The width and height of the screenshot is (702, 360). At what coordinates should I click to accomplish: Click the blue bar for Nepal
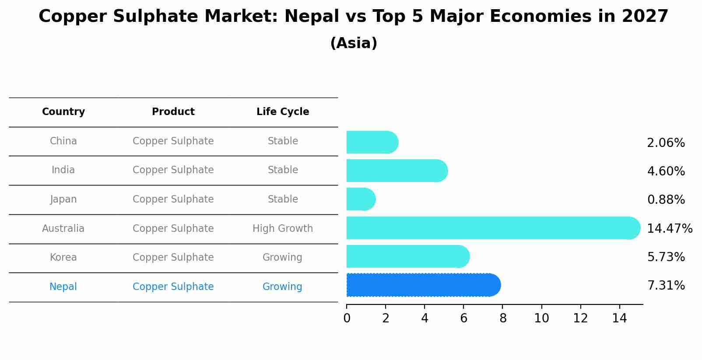tap(423, 285)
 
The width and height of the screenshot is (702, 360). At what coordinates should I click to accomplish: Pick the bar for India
tap(397, 171)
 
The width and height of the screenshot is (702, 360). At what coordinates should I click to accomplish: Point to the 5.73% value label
tap(666, 257)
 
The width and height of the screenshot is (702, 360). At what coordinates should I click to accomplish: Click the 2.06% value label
tap(666, 143)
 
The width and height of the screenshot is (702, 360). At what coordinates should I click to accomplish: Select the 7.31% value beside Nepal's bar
tap(666, 286)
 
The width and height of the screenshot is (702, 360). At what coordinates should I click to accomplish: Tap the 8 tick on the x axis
tap(503, 318)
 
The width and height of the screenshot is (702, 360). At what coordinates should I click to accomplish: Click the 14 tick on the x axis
tap(620, 318)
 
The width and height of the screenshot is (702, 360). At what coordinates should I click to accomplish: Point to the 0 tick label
tap(347, 318)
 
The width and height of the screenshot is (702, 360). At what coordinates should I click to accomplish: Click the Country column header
tap(63, 112)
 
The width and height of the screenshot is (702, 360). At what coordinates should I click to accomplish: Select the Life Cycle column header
tap(283, 112)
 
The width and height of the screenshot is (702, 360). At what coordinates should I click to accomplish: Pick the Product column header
tap(173, 112)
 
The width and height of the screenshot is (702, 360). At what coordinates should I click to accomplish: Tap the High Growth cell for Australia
tap(283, 228)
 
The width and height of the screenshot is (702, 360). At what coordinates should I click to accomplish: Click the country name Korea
tap(63, 257)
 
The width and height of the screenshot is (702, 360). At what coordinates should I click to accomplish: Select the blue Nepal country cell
tap(63, 287)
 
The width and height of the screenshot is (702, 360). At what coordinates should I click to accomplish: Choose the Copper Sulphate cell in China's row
tap(173, 141)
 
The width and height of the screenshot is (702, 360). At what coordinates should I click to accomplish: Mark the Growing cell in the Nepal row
tap(282, 287)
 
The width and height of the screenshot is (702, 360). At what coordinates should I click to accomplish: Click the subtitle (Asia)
tap(354, 43)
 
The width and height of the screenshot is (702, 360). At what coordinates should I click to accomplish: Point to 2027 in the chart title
tap(645, 17)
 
